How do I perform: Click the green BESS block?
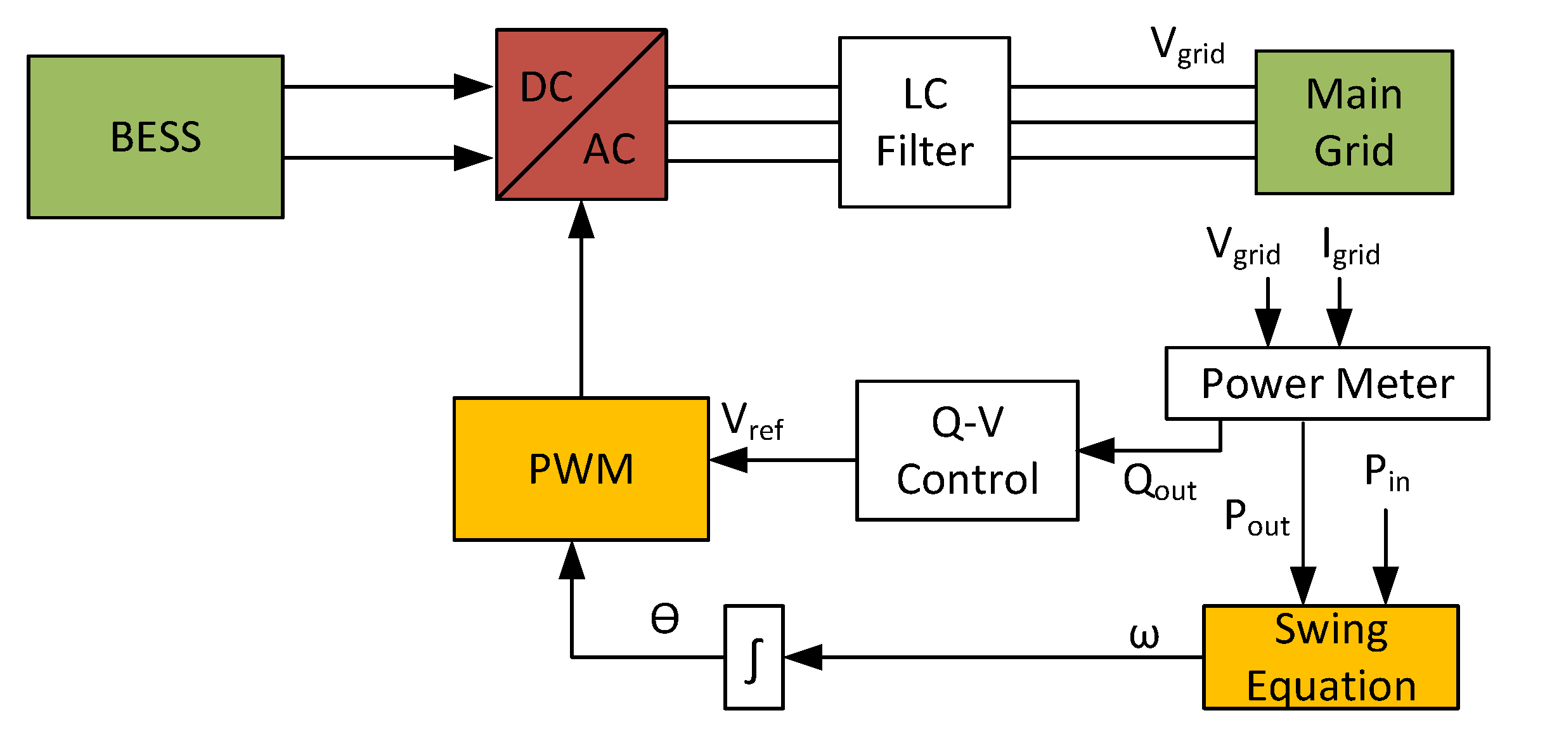click(155, 137)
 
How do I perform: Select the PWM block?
click(581, 469)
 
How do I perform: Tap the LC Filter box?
click(924, 122)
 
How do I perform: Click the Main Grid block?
click(1354, 122)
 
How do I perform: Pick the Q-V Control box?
click(967, 451)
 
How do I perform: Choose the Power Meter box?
click(1327, 383)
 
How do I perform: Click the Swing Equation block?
click(1331, 657)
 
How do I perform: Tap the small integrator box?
click(754, 657)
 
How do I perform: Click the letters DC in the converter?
click(546, 87)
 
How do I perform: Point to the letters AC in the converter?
click(609, 150)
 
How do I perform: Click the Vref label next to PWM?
click(752, 421)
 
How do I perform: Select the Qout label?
click(1159, 483)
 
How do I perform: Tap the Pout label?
click(1256, 518)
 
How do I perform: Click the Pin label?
click(1386, 473)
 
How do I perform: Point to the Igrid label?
click(1350, 247)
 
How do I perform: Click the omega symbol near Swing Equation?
click(1144, 636)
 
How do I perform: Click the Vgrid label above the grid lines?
click(1187, 46)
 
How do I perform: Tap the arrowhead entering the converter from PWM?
click(581, 219)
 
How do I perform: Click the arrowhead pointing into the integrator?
click(803, 657)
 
